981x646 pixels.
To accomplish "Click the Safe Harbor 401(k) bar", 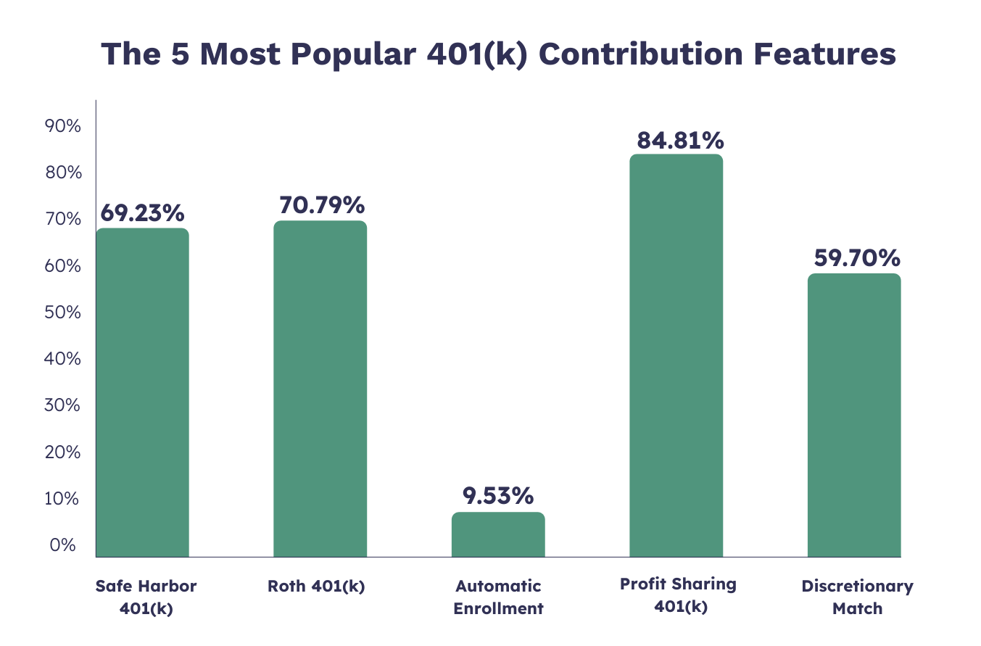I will (x=142, y=392).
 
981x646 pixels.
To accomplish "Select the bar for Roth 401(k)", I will (x=320, y=389).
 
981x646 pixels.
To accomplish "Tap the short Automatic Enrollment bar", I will (x=497, y=534).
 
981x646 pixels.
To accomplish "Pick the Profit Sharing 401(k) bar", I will (x=676, y=355).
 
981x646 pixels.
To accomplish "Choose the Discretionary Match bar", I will (x=853, y=415).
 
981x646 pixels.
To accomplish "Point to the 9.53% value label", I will (x=497, y=496).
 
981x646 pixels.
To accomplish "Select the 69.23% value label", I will (x=142, y=213).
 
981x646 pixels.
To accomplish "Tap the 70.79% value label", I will (x=321, y=206).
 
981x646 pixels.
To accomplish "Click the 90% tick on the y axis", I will (x=62, y=126).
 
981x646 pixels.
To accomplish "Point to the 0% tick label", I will (x=63, y=545).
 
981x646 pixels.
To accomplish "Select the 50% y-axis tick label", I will (x=62, y=312).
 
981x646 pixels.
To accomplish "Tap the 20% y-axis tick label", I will (x=62, y=452).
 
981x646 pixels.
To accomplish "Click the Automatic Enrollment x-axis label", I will (x=498, y=597).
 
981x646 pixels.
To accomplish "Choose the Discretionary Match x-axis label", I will (x=857, y=597).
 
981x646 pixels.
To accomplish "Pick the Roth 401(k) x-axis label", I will (x=316, y=586).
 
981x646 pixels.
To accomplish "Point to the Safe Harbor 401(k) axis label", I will (x=146, y=597).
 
